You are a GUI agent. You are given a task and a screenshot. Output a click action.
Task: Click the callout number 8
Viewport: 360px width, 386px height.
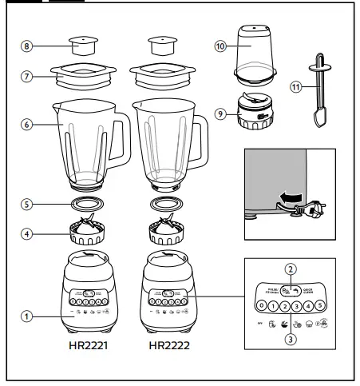point(27,47)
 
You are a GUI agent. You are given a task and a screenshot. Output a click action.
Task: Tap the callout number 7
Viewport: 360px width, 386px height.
point(27,77)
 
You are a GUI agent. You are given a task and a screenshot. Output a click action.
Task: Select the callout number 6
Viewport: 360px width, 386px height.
point(27,125)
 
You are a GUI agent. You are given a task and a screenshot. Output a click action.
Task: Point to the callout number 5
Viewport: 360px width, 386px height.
point(27,203)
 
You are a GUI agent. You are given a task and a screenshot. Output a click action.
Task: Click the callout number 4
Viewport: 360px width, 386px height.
point(27,234)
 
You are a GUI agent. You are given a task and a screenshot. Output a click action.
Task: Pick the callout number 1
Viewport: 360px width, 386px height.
point(27,316)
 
